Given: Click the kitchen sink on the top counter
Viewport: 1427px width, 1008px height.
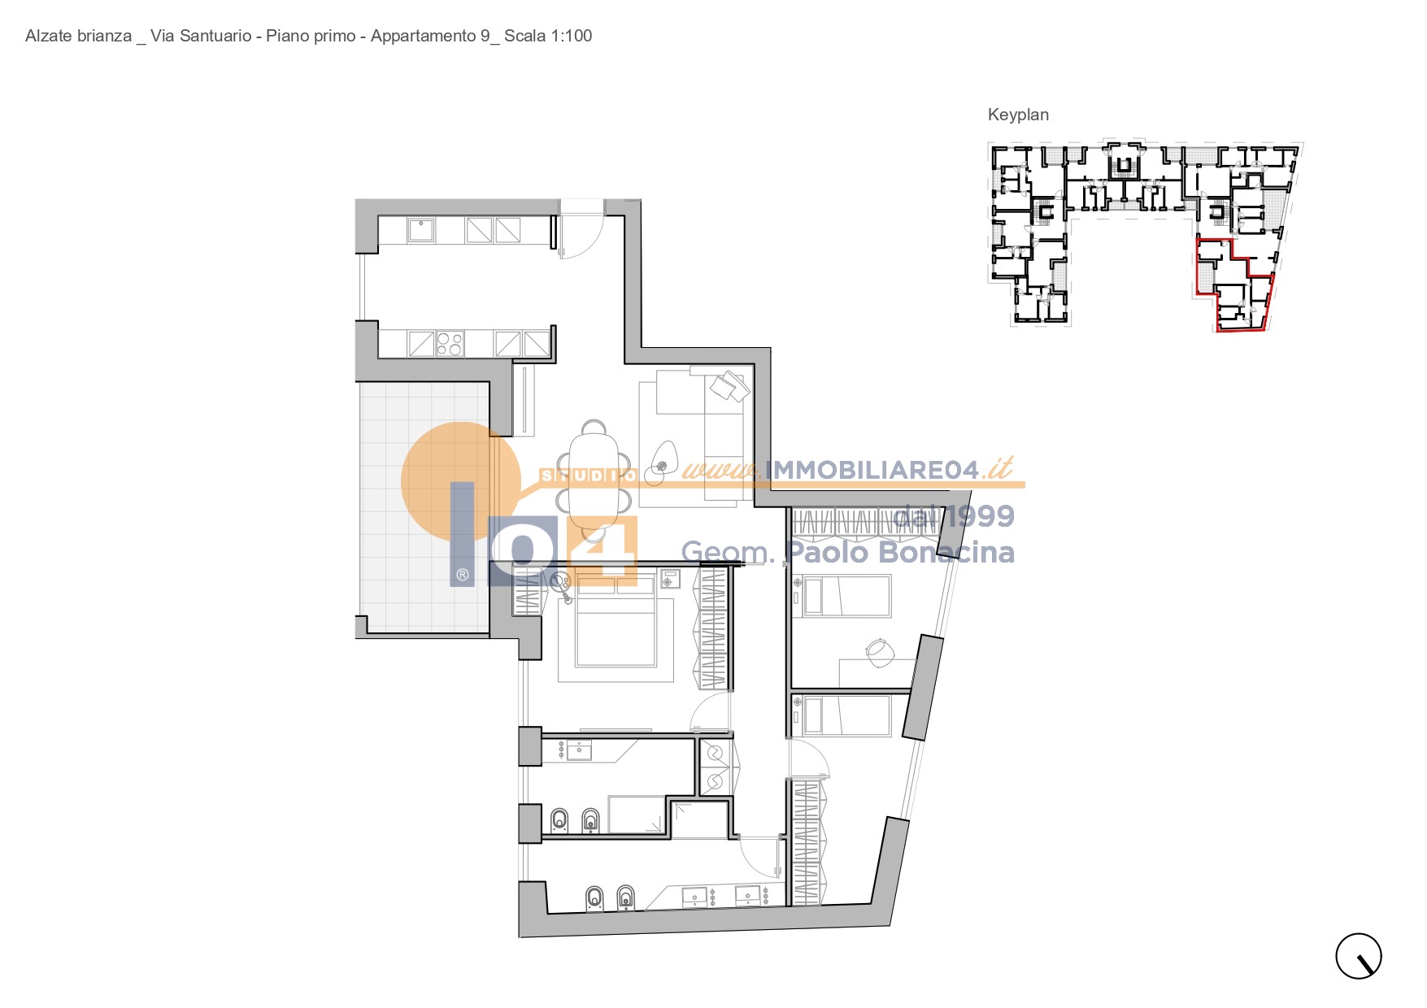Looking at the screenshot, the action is coord(421,230).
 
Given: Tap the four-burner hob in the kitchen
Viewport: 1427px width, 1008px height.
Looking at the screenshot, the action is coord(450,344).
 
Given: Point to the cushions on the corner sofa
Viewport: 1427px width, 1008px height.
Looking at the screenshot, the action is coord(729,386).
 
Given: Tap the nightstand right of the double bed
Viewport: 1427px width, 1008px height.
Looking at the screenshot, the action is coord(670,580).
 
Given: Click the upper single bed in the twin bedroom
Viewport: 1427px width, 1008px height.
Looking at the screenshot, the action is coord(842,596).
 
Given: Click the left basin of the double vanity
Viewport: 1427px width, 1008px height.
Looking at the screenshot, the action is coord(695,896).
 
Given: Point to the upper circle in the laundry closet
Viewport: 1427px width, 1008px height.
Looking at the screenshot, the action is coord(715,754).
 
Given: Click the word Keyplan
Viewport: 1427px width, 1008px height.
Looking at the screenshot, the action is coord(1018,115).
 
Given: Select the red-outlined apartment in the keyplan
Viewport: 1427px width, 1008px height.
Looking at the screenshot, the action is coord(1233,285).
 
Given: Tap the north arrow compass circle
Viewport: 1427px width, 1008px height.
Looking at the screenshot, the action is coord(1359,956).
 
